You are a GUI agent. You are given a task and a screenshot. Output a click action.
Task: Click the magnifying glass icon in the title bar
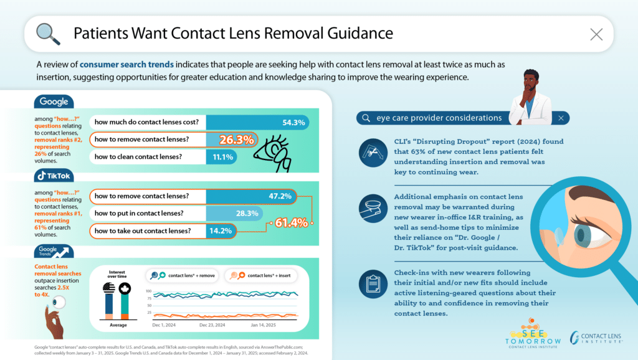pos(48,32)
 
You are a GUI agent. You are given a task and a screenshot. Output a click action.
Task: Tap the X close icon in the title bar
pos(596,34)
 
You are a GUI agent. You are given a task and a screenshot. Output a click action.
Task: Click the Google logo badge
pos(54,102)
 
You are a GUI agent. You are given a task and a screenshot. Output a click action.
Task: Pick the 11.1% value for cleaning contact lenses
pos(221,157)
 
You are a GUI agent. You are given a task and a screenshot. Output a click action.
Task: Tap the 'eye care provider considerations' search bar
pos(462,118)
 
